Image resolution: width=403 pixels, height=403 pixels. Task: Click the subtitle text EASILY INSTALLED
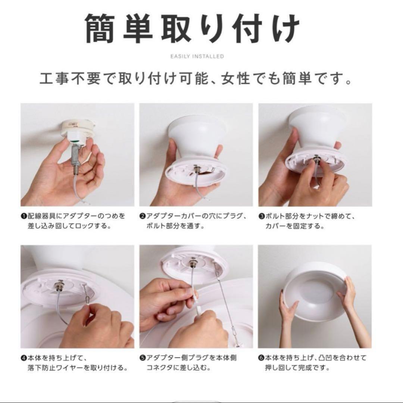(197, 56)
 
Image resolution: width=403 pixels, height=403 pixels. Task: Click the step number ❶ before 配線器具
(24, 216)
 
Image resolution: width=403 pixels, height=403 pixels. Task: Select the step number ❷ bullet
(143, 216)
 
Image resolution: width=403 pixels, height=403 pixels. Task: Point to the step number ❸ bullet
(261, 216)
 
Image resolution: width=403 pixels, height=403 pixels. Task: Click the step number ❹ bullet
(24, 358)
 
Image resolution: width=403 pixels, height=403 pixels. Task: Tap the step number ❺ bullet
(143, 358)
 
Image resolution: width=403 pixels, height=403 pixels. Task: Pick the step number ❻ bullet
(261, 358)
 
